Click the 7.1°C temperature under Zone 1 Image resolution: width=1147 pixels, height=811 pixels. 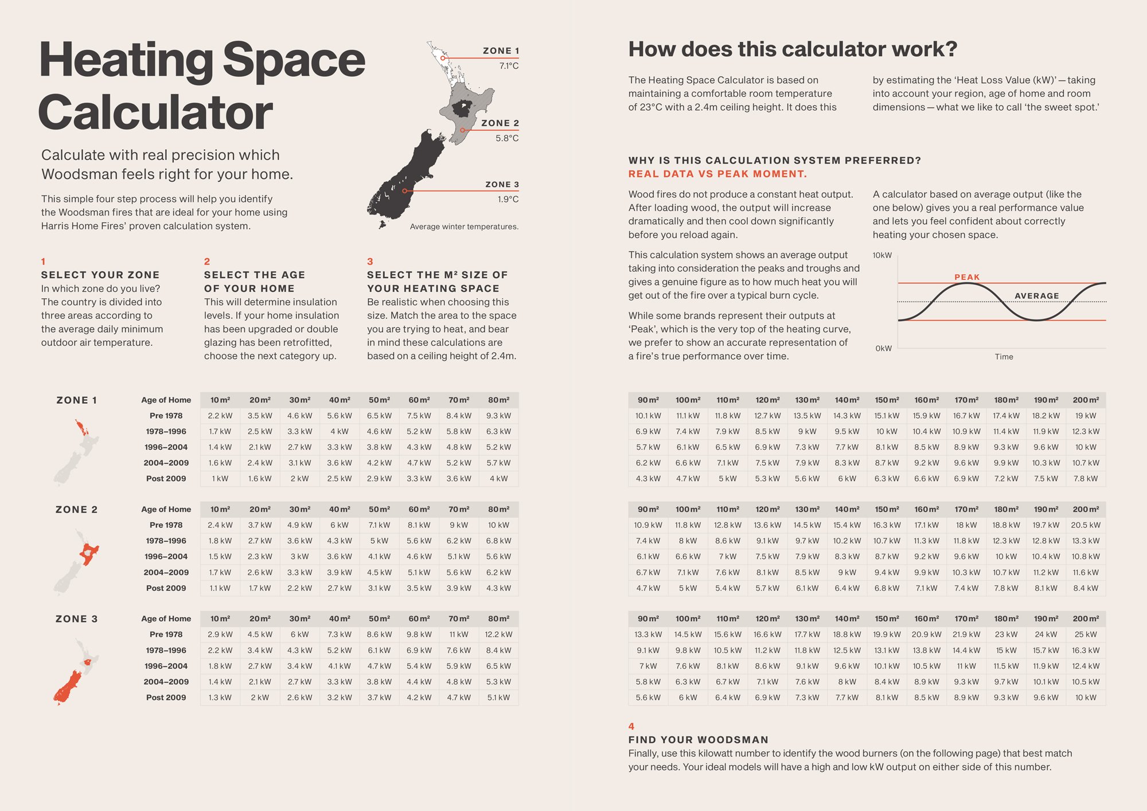tap(508, 66)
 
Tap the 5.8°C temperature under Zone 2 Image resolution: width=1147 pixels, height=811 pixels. tap(507, 138)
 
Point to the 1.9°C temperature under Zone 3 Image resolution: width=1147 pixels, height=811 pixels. tap(508, 200)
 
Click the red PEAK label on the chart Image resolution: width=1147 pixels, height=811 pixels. tap(967, 277)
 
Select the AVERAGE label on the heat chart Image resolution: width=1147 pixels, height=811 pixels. tap(1036, 296)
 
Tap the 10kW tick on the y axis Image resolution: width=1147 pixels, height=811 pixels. tap(882, 255)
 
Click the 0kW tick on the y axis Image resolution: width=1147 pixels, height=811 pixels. tap(883, 348)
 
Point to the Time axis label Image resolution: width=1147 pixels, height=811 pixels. tap(1004, 357)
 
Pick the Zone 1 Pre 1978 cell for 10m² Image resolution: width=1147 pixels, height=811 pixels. tap(220, 416)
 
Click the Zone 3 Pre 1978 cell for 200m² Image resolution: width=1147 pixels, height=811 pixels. tap(1086, 634)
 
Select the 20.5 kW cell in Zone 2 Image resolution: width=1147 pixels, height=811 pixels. tap(1086, 525)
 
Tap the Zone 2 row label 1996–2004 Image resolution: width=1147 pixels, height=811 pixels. tap(166, 556)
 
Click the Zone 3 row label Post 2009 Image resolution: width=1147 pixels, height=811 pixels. tap(166, 697)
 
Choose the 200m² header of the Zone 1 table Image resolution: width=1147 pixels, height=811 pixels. tap(1086, 400)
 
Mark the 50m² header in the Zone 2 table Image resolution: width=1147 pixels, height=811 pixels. tap(379, 509)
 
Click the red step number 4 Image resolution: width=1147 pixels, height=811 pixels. tap(631, 726)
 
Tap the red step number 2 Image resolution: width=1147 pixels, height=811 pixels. tap(207, 262)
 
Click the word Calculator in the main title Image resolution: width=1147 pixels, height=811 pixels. tap(155, 112)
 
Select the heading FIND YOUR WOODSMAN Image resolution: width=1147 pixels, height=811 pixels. tap(698, 740)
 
